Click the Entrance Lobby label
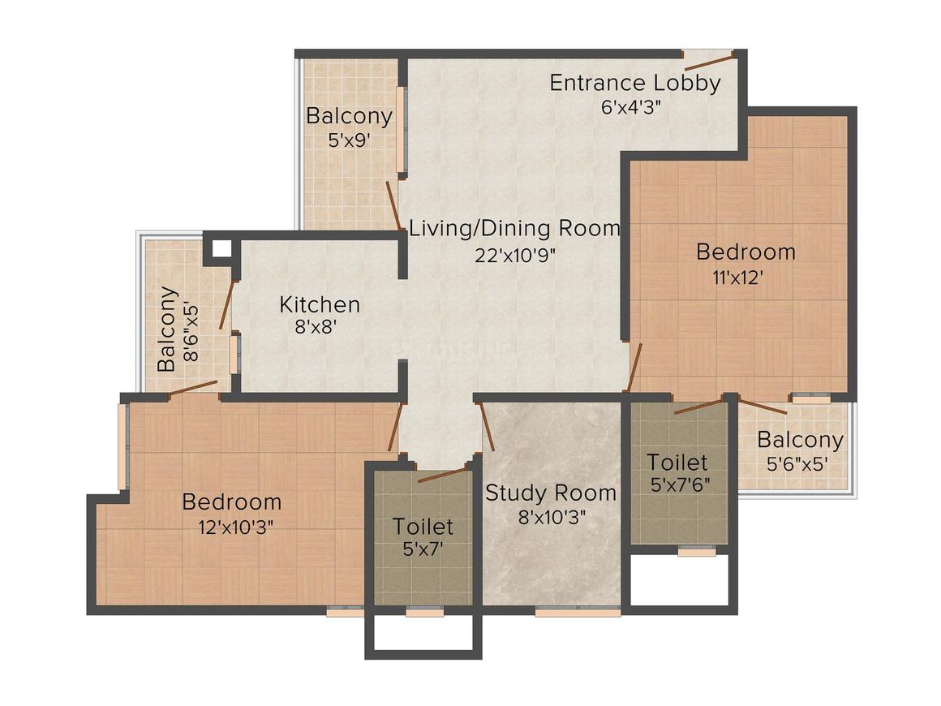pos(634,83)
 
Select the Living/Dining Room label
pos(514,228)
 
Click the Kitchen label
pos(320,304)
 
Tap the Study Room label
pos(550,493)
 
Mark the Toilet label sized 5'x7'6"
pos(677,463)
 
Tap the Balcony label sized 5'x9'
pos(349,115)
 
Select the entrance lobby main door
pos(708,58)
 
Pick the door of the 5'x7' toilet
pos(442,474)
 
